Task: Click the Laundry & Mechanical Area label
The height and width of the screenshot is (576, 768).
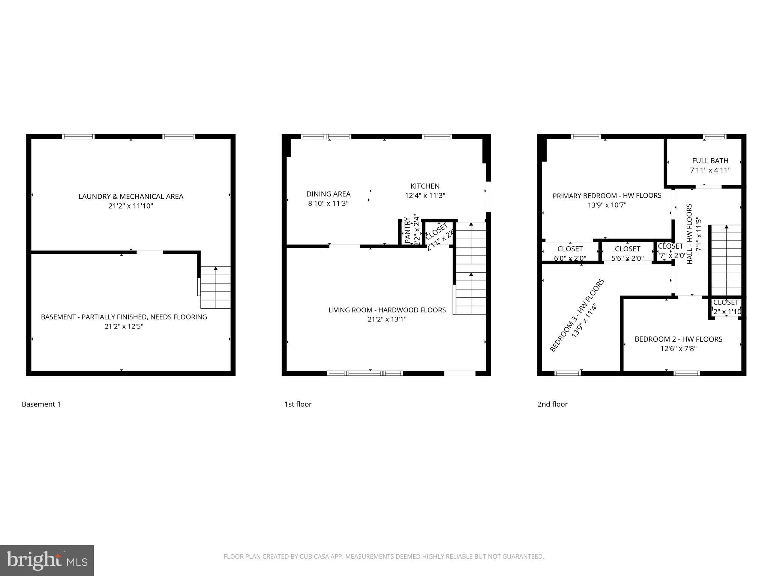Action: tap(130, 196)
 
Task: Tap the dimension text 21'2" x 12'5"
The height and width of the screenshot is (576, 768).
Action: tap(124, 327)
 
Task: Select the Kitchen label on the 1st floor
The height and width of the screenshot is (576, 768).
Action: tap(425, 186)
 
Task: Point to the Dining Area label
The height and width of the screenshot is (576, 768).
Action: tap(328, 194)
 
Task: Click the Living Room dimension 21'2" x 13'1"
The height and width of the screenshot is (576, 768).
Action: tap(387, 319)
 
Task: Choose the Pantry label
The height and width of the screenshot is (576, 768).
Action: tap(408, 230)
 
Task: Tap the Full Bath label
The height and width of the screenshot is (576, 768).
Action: tap(710, 161)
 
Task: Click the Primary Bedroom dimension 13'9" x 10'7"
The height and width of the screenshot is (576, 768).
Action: tap(607, 205)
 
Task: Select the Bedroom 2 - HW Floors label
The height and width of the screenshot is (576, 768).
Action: tap(678, 339)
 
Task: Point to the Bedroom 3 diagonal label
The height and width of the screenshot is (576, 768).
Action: tap(577, 315)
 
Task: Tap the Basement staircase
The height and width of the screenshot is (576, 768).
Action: tap(215, 287)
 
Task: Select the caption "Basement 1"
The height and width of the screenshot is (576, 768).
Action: tap(41, 404)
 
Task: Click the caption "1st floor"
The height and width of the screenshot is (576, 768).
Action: tap(298, 404)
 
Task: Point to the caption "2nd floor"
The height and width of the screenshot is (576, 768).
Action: tap(552, 404)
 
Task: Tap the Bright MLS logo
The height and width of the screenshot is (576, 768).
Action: tap(47, 561)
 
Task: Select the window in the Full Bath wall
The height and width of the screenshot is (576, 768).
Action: tap(714, 137)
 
